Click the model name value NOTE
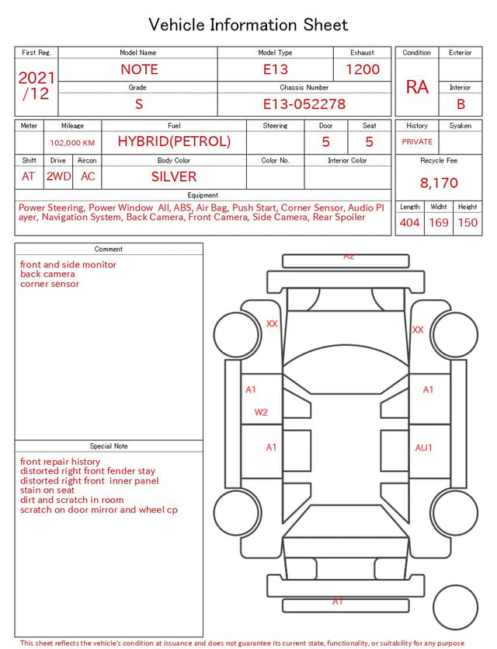139,69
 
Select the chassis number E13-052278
304,104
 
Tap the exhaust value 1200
363,69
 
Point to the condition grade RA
417,87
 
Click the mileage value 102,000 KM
72,143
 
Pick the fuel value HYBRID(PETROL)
174,141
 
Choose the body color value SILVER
174,176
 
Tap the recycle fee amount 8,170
439,183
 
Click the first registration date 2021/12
36,85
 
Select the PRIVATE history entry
417,141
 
